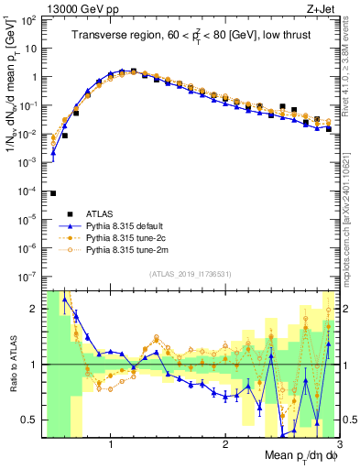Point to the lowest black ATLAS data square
click(x=53, y=193)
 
